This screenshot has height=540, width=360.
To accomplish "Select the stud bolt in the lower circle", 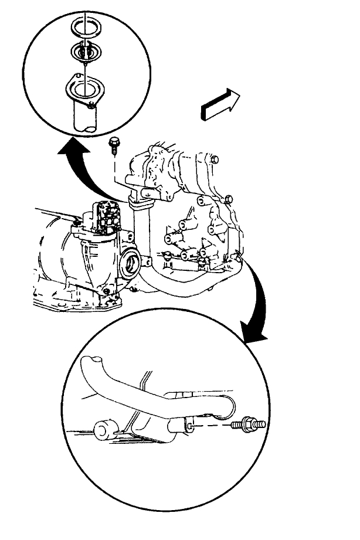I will click(x=251, y=423).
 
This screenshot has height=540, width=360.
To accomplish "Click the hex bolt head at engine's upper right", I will click(x=214, y=159).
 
